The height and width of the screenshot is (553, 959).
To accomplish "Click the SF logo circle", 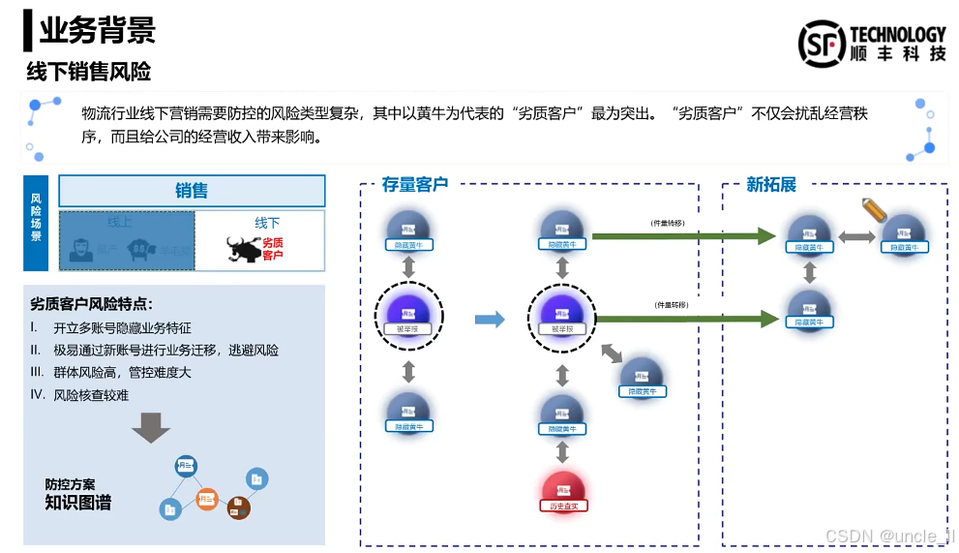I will (822, 44).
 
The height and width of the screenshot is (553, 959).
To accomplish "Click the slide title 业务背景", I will (97, 31).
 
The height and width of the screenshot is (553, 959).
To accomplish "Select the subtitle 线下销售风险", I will (88, 72).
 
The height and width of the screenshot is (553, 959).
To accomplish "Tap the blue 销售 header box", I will (192, 191).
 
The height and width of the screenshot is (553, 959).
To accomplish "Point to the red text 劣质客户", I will (273, 249).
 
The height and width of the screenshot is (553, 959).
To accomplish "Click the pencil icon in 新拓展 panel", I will (875, 209).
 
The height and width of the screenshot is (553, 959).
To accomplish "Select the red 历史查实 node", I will (563, 492).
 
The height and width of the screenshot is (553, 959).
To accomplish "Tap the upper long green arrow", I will (683, 235).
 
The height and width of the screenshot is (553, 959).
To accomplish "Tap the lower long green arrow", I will (683, 317).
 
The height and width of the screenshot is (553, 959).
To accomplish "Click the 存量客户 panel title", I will (414, 184).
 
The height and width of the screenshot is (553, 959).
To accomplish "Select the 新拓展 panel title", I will (770, 184).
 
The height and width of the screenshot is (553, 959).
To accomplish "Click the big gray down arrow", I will (151, 427).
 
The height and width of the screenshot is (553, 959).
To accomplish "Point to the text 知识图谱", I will (77, 503).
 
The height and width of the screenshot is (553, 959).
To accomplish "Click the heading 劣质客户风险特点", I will (91, 303).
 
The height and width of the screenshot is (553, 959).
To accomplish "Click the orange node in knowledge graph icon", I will (206, 499).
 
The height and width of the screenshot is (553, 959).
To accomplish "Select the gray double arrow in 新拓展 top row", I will (857, 236).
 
